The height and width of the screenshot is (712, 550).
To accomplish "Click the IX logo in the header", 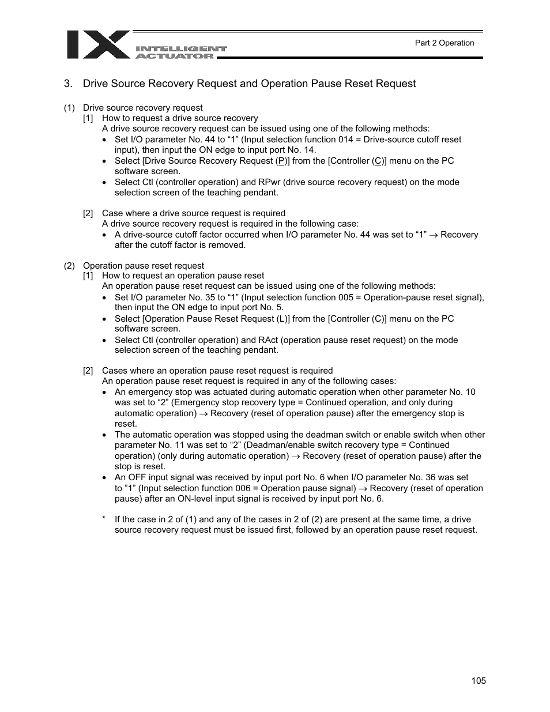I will click(x=98, y=45).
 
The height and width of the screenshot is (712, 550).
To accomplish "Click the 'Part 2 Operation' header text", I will click(x=444, y=43).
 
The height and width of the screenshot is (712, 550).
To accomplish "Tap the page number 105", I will click(x=478, y=680).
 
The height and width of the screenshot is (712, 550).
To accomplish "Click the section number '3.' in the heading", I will click(x=68, y=84).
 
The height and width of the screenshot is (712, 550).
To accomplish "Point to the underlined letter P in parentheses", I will click(x=281, y=161).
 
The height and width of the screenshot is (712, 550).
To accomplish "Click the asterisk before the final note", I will click(x=104, y=519).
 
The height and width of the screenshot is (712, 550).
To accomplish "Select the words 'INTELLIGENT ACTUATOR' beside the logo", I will click(x=181, y=52).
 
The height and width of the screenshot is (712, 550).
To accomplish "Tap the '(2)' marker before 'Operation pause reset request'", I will click(x=69, y=266).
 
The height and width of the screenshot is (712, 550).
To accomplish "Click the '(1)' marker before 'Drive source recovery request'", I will click(x=69, y=108).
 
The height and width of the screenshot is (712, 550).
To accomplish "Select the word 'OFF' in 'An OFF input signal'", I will click(x=137, y=477).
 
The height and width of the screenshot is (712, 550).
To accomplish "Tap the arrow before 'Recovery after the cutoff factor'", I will click(x=433, y=235).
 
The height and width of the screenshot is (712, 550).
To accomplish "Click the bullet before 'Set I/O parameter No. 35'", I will click(x=104, y=298).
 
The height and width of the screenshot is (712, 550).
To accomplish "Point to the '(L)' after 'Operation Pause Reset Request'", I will click(x=284, y=319).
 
